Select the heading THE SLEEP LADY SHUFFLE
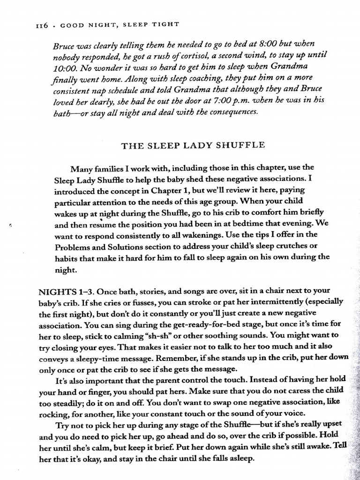click(x=193, y=145)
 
